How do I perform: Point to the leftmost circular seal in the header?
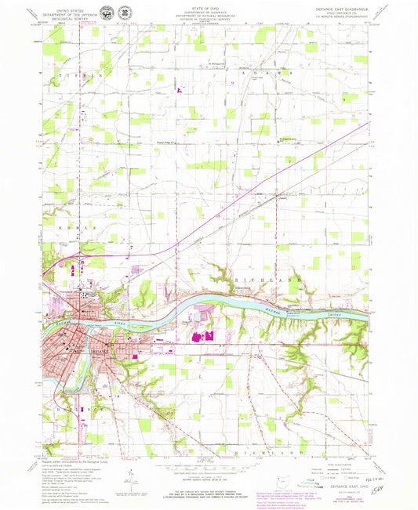126,13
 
